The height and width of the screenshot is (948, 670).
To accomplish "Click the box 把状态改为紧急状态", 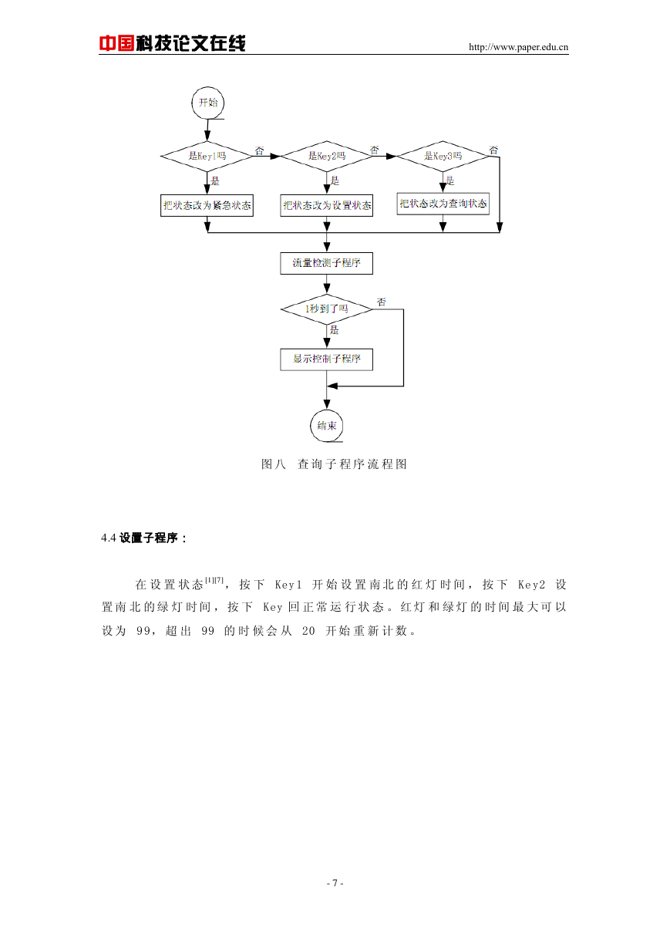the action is (x=207, y=205).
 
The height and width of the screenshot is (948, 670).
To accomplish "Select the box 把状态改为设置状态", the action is (x=327, y=205).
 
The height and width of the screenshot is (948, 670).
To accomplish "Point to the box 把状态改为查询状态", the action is (x=443, y=204).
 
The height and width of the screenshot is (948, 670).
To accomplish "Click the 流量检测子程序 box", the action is (x=327, y=263).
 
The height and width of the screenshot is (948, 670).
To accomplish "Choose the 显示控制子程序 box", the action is (x=327, y=359).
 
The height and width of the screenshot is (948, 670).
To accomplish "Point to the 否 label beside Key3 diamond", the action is (x=493, y=150).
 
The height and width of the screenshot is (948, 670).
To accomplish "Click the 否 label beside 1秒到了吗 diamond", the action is (x=382, y=302).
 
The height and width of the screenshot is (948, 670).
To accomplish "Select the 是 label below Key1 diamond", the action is (x=215, y=181).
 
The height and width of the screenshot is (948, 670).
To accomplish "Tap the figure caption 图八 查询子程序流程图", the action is (x=334, y=464).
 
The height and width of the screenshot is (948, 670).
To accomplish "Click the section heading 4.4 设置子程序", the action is (x=144, y=538).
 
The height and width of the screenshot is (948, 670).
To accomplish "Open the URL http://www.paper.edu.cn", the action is (x=518, y=47).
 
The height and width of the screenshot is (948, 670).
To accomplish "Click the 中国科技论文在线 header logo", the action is (x=172, y=43).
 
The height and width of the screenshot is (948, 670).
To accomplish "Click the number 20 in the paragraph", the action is (x=308, y=631).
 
